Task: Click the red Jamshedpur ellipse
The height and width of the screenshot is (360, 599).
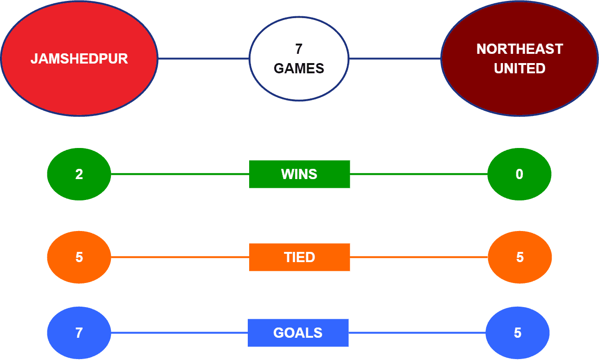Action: tap(79, 58)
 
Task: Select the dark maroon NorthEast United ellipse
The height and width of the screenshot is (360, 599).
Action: tap(520, 58)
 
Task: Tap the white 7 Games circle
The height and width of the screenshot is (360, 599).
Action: tap(299, 58)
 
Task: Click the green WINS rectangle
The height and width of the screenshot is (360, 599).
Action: tap(300, 174)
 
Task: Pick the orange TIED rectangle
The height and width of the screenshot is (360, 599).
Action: tap(300, 257)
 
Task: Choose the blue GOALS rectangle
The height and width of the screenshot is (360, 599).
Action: tap(298, 333)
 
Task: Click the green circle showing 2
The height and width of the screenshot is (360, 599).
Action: tap(79, 174)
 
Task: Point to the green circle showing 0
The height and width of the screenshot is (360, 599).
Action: tap(519, 174)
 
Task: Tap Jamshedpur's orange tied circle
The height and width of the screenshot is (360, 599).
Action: tap(79, 257)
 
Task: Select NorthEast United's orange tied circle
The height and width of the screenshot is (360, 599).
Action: tap(520, 257)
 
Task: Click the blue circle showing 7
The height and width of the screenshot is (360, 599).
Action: tap(79, 333)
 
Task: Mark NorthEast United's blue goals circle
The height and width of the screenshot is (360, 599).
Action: tap(518, 333)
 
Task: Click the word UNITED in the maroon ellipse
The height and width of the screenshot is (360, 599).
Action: tap(520, 68)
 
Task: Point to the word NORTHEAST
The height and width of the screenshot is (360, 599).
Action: tap(520, 49)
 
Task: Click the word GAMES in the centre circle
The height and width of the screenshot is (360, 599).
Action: tap(299, 68)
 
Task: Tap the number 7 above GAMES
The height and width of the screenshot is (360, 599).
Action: tap(299, 49)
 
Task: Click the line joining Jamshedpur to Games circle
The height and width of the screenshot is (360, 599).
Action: tap(204, 58)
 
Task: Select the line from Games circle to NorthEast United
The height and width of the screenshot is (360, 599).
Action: tap(395, 58)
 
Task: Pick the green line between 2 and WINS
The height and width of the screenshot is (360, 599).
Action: tap(180, 174)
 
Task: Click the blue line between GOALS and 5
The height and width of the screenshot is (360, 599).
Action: tap(417, 333)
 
